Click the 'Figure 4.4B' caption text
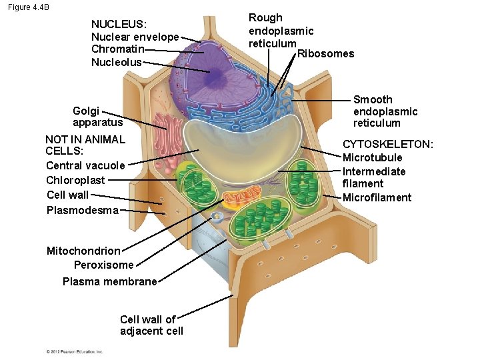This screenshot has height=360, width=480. (x=29, y=7)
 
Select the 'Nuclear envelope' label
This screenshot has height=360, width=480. (x=135, y=37)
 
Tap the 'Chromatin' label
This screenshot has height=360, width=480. (x=117, y=49)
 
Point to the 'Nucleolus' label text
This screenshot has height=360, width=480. (x=117, y=62)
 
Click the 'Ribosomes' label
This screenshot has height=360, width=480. (x=325, y=53)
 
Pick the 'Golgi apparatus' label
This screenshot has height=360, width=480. (x=88, y=117)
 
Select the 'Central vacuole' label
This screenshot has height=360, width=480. (x=85, y=165)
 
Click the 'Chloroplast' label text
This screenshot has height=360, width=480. (x=75, y=180)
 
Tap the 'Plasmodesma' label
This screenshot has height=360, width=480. (x=83, y=211)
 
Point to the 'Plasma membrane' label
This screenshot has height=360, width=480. (x=109, y=281)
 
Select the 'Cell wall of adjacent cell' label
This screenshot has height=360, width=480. (x=151, y=325)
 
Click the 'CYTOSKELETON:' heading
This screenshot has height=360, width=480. (x=387, y=145)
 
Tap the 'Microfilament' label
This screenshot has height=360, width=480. (x=377, y=197)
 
